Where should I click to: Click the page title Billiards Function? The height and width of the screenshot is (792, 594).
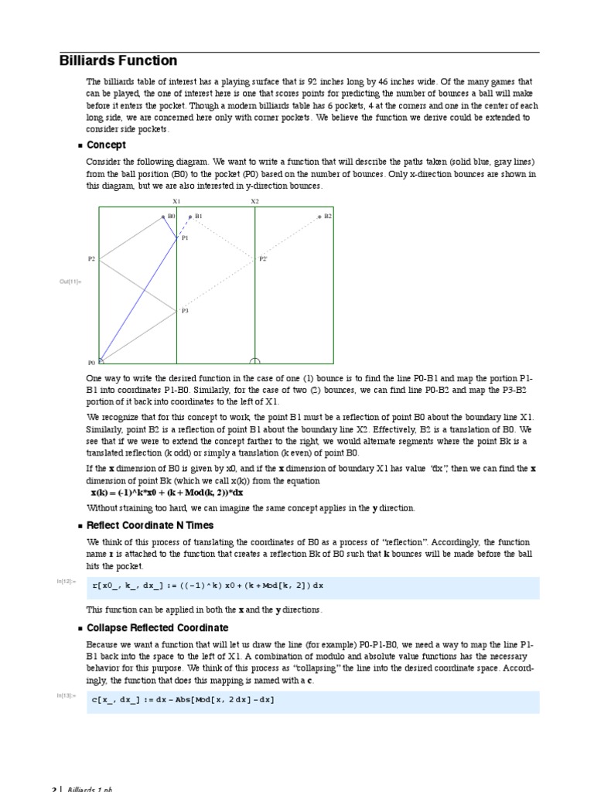coord(118,60)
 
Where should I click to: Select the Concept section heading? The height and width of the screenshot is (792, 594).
coord(106,145)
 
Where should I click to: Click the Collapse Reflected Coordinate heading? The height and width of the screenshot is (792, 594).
coord(157,627)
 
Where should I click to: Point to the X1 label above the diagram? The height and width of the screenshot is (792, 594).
coord(176,201)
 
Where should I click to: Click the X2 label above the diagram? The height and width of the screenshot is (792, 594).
coord(254,201)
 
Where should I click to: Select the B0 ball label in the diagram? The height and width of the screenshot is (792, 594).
coord(171,217)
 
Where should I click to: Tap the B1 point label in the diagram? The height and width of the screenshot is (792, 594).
coord(199,217)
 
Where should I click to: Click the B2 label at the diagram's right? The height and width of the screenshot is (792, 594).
coord(328,217)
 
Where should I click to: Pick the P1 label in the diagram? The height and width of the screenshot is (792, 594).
coord(185,238)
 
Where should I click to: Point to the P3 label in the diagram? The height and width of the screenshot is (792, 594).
coord(185,311)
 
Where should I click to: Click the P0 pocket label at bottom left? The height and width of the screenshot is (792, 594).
coord(91,362)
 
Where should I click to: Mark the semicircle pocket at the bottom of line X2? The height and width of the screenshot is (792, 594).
coord(255,360)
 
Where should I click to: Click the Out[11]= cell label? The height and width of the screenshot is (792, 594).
coord(70,281)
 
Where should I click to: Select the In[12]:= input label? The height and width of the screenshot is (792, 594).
coord(67,581)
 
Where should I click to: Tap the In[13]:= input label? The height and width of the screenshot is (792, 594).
coord(67,695)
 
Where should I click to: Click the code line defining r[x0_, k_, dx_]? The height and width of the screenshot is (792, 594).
coord(207,585)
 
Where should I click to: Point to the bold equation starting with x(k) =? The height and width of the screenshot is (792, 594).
coord(167,492)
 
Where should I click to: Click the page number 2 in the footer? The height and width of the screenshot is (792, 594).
coord(54,789)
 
